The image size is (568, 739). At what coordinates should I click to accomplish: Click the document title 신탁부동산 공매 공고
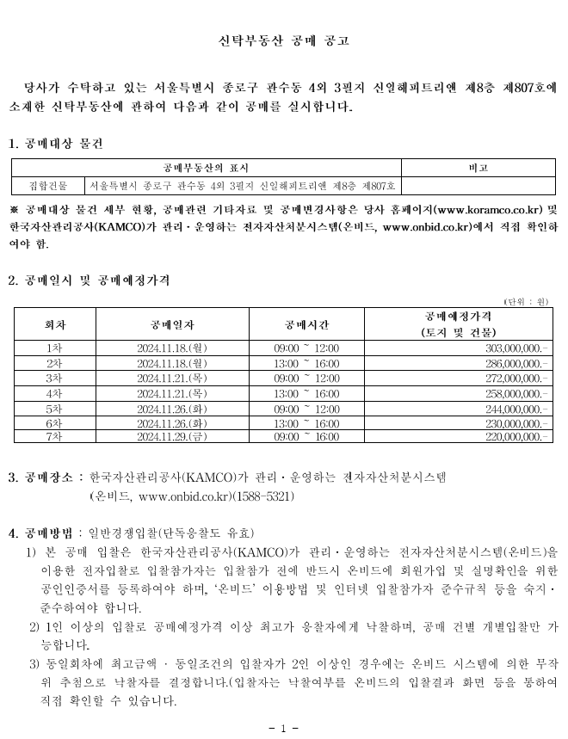[x=283, y=40]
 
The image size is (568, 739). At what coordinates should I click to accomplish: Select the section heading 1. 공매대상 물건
[x=55, y=142]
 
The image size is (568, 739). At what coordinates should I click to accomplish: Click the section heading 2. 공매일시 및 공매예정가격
[x=89, y=280]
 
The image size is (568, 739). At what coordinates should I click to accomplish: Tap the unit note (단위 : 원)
[x=526, y=300]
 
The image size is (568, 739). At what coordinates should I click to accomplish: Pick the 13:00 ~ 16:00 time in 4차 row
[x=306, y=392]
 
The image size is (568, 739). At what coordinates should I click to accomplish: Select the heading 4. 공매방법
[x=40, y=533]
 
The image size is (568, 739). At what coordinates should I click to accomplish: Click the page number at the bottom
[x=283, y=728]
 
